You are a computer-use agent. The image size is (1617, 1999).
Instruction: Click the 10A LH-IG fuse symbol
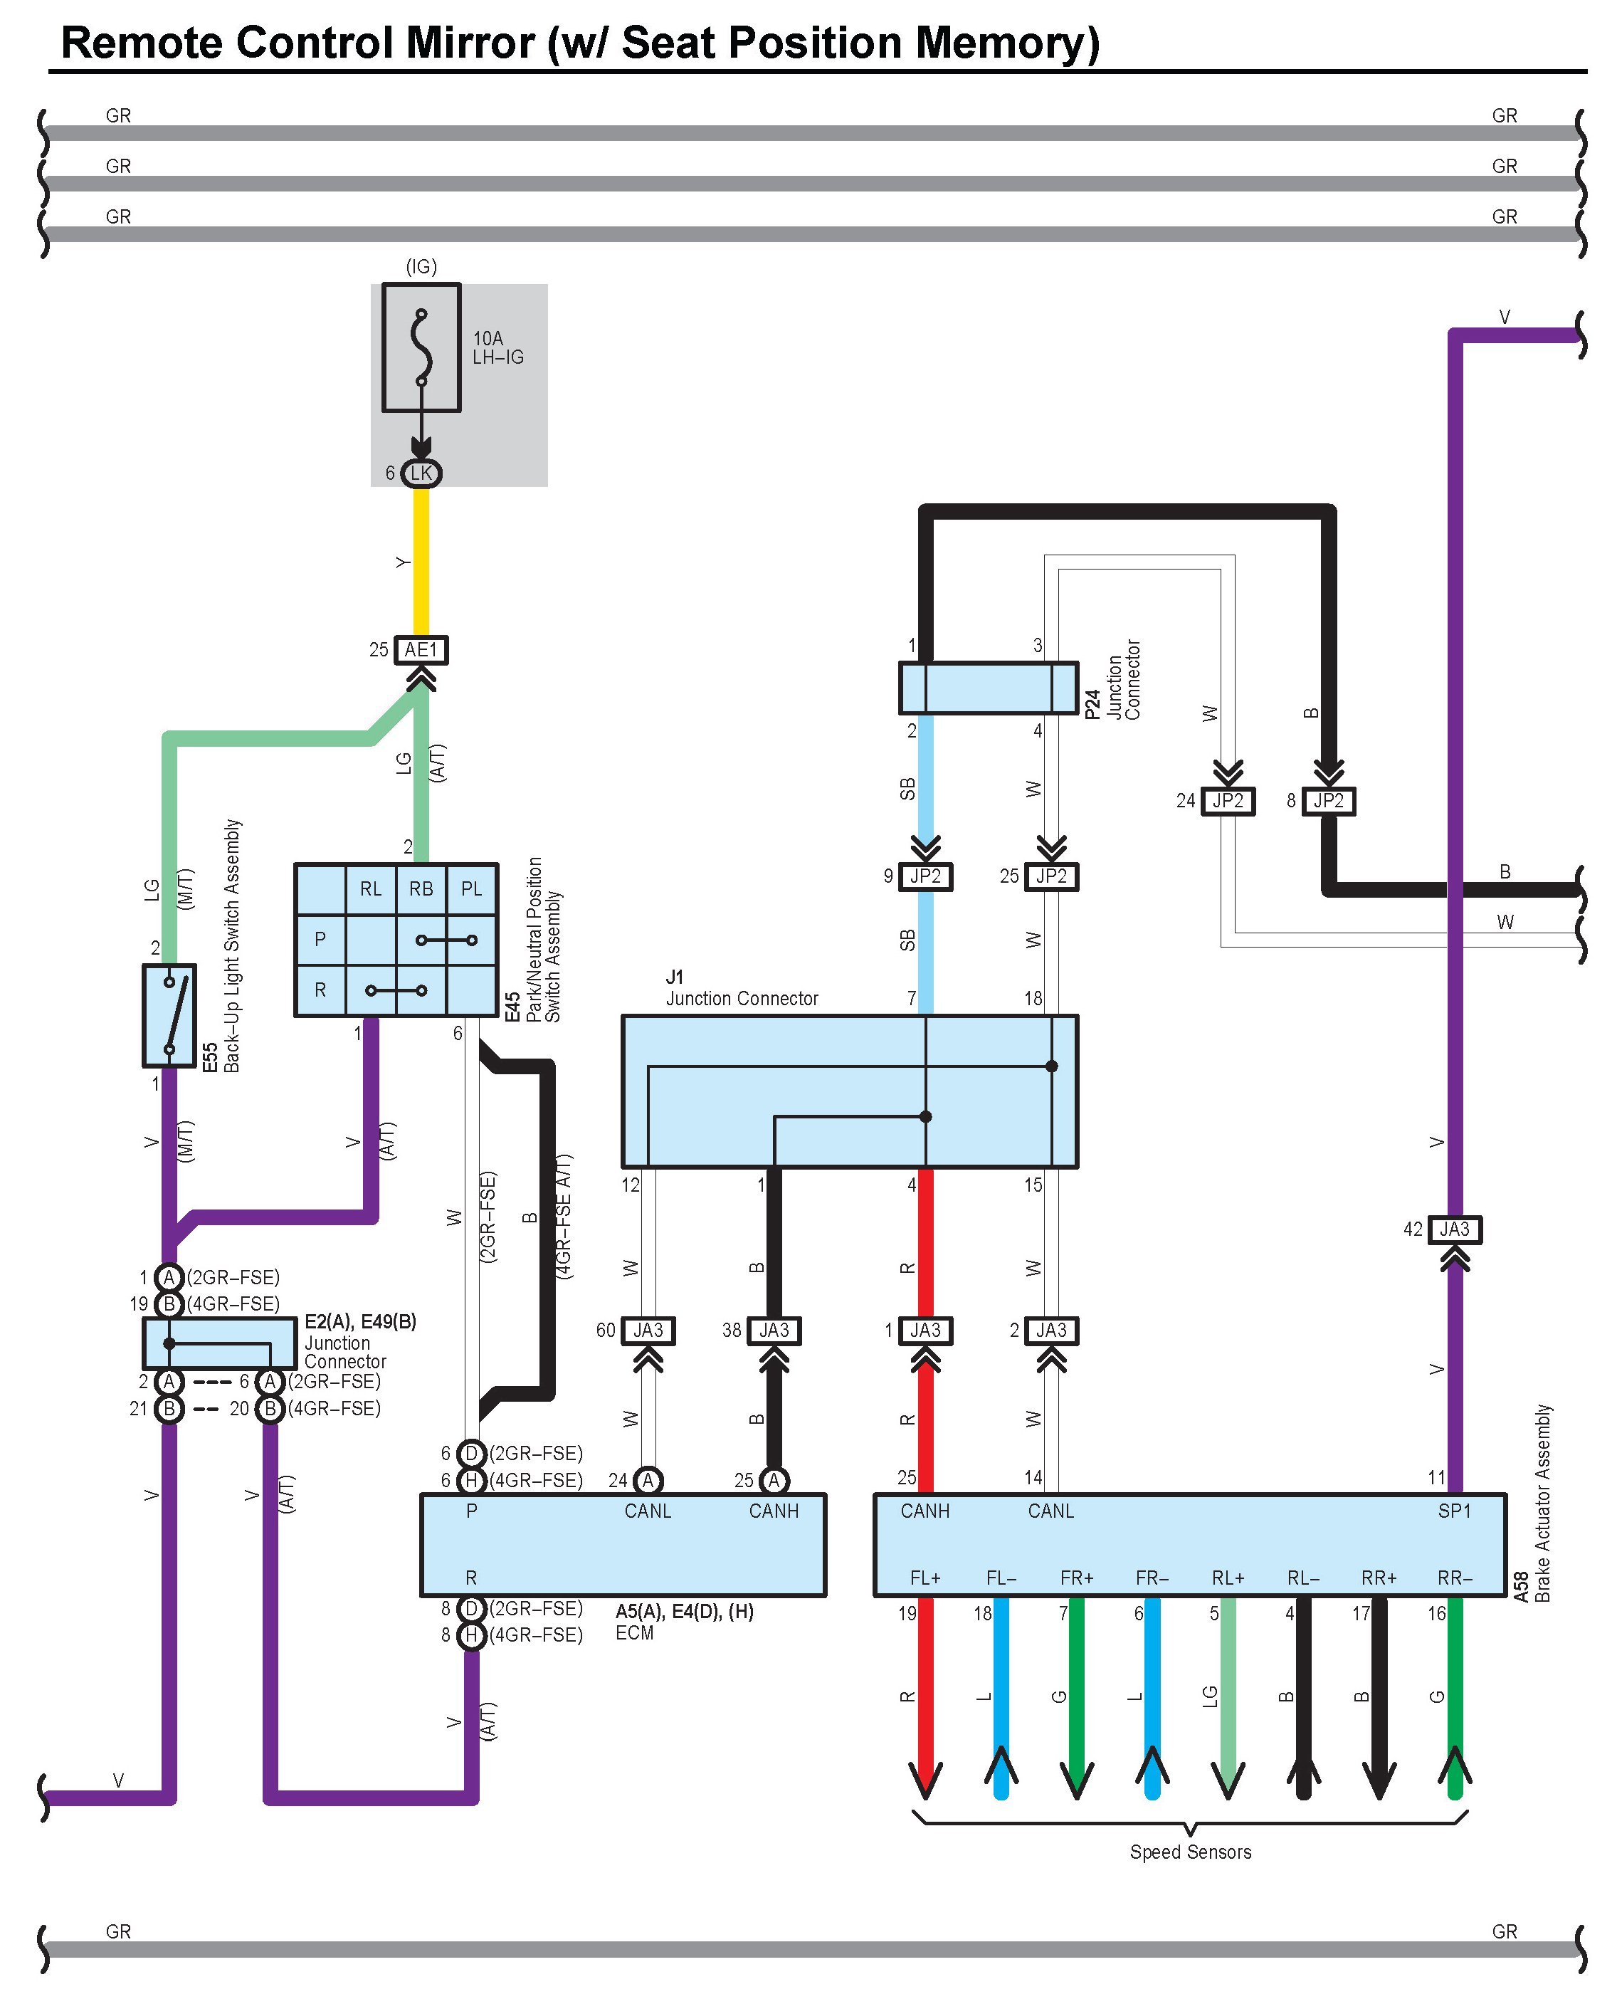point(421,347)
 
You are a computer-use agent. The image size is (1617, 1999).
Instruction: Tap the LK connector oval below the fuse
point(421,473)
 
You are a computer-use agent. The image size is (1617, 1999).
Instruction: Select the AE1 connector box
point(421,649)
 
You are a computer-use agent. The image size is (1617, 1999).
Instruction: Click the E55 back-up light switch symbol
point(169,1015)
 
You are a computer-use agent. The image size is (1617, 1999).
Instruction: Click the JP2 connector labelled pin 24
point(1228,800)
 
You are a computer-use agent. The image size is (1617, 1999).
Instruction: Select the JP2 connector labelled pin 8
point(1328,800)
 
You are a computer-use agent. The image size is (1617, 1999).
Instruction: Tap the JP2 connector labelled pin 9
point(926,876)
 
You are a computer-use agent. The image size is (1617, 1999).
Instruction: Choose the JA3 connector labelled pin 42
point(1454,1229)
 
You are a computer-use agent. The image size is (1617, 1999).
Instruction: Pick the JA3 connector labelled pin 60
point(648,1331)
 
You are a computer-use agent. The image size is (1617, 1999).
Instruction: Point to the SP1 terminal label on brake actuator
point(1454,1511)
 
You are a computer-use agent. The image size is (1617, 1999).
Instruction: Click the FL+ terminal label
point(925,1578)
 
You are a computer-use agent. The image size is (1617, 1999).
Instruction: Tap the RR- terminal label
point(1454,1578)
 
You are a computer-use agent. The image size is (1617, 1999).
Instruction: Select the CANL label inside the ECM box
point(648,1511)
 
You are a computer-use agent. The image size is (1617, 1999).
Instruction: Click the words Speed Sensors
point(1191,1852)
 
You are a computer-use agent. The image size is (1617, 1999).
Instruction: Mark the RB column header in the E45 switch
point(421,888)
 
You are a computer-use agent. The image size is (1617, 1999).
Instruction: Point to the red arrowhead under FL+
point(926,1779)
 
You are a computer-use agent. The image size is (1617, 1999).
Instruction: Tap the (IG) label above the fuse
point(421,266)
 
